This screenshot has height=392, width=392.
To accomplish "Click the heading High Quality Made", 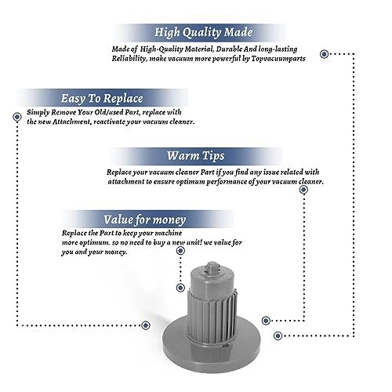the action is (203, 32).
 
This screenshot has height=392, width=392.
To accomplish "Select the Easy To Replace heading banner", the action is (102, 98).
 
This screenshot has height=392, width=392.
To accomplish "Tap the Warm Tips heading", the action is (196, 156).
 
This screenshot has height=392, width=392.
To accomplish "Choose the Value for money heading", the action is (144, 220).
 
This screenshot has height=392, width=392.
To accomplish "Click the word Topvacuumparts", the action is (278, 59).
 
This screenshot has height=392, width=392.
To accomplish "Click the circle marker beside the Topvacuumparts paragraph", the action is (324, 54).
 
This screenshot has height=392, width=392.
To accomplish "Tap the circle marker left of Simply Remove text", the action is (17, 117).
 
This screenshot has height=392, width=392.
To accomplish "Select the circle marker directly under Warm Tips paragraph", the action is (303, 190).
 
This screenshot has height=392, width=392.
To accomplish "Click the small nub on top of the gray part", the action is (211, 267).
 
